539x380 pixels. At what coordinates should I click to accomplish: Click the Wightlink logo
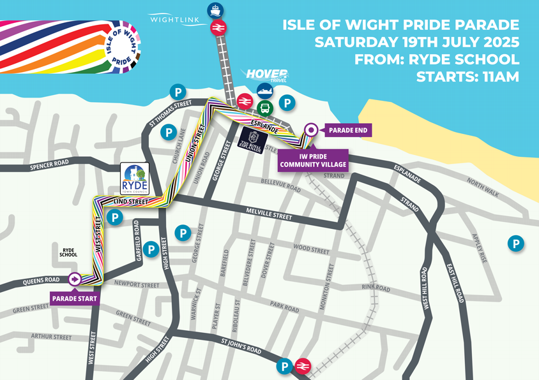pos(171,20)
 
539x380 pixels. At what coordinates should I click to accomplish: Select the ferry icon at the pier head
pos(215,10)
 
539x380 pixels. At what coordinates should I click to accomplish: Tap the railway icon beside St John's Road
pos(303,366)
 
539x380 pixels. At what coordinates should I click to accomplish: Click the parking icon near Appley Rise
pos(515,243)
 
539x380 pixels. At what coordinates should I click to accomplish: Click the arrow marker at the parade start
pos(75,279)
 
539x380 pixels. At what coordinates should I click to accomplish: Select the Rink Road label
pos(376,288)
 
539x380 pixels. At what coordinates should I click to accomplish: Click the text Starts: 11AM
pos(467,77)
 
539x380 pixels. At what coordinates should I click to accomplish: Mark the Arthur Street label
pos(52,336)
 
